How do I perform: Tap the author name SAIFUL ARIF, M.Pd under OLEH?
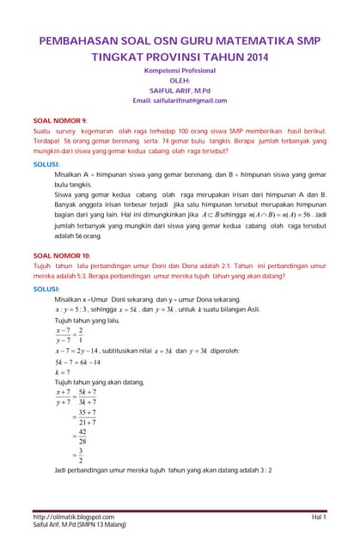[x=180, y=89]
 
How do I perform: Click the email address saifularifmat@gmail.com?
[x=180, y=101]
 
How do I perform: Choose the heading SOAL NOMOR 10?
[x=61, y=255]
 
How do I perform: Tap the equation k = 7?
[x=63, y=373]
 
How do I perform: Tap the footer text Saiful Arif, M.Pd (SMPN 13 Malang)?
[x=73, y=524]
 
